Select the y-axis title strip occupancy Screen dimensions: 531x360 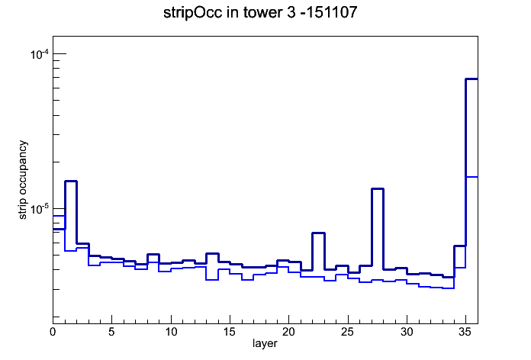22,180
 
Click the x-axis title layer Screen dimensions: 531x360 265,343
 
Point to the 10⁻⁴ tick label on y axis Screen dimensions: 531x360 40,54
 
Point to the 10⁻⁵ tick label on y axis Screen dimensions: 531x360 40,209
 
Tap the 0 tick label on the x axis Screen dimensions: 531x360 53,332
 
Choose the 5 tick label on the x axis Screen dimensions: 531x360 111,332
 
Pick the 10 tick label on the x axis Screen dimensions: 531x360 171,332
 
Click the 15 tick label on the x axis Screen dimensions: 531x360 230,332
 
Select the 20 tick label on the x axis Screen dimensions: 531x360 288,332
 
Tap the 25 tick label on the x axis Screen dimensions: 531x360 347,332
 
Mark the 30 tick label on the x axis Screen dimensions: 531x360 407,332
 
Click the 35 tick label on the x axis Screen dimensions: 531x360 465,332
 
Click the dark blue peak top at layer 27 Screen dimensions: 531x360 377,188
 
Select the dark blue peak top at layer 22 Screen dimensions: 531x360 318,233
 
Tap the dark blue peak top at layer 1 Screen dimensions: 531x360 71,182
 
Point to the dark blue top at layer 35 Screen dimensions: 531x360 471,79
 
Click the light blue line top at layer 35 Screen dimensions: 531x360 471,177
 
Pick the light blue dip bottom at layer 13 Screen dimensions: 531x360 212,280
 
